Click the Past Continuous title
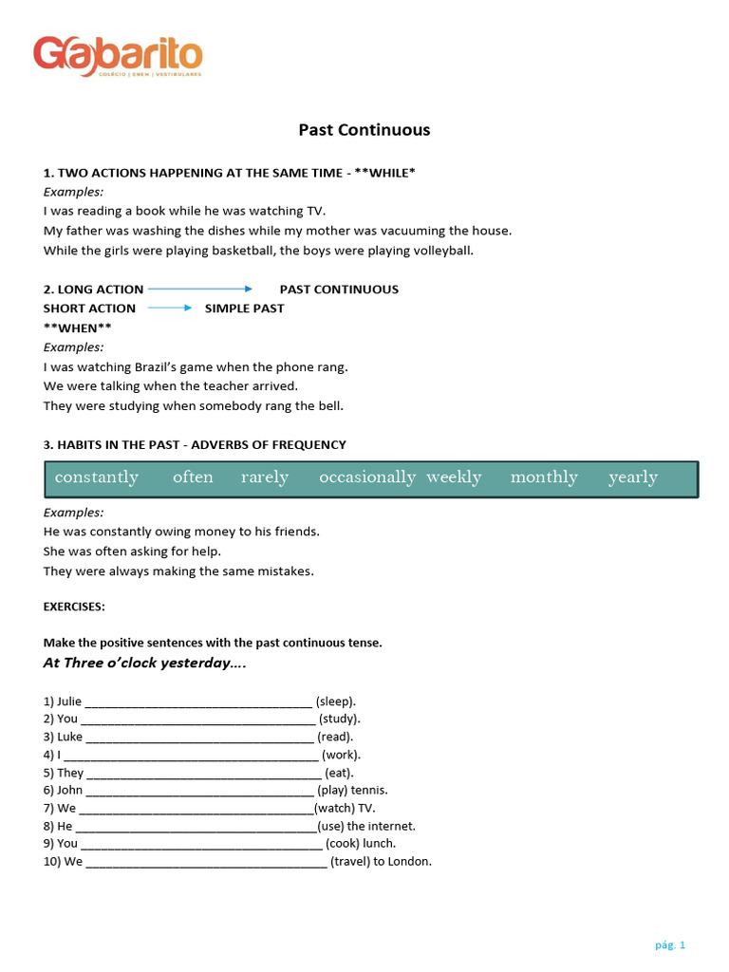click(x=364, y=130)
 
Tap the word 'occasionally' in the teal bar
click(x=367, y=477)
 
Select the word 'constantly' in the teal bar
click(x=97, y=477)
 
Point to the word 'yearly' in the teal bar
click(x=633, y=477)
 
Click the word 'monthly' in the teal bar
click(x=544, y=477)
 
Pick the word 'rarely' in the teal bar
click(x=265, y=477)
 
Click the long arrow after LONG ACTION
click(x=200, y=289)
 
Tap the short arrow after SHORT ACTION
click(x=170, y=308)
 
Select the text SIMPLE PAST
click(x=244, y=308)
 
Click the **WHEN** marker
click(x=78, y=327)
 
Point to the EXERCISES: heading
click(x=74, y=607)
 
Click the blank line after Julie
click(x=198, y=703)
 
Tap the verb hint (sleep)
click(x=336, y=701)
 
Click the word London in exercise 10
click(x=410, y=861)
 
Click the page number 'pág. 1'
click(x=670, y=944)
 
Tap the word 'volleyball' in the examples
click(x=440, y=251)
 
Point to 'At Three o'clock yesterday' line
click(x=144, y=664)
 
